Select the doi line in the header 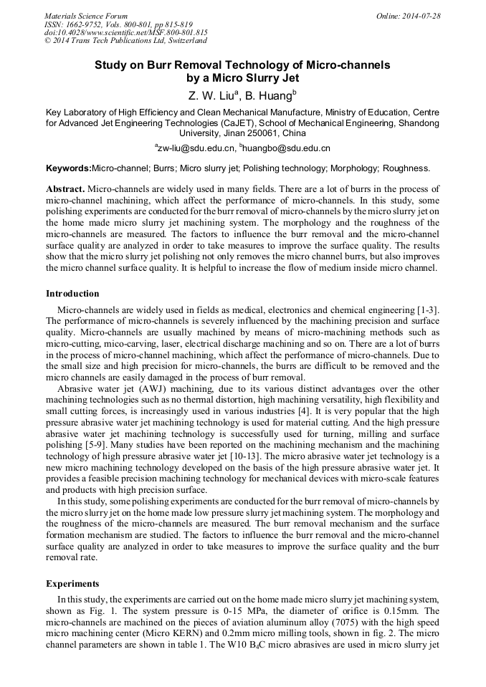coord(126,32)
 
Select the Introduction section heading coord(72,293)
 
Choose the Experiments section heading coord(72,583)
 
